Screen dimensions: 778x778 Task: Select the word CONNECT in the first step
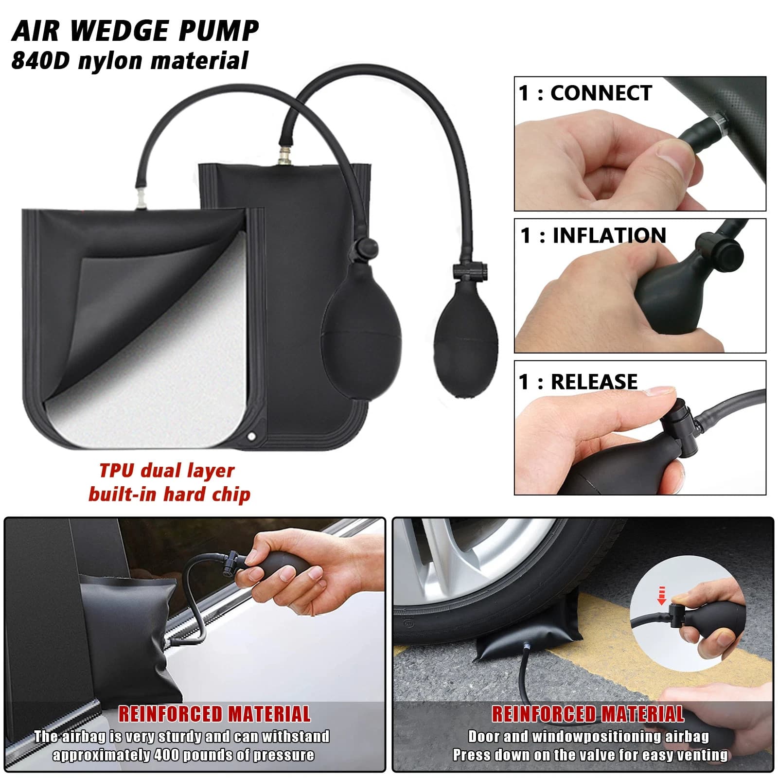pos(601,93)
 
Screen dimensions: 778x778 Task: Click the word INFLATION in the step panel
pos(609,235)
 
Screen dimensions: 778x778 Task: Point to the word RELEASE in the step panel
pos(594,382)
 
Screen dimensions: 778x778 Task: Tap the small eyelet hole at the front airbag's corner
pos(251,436)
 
